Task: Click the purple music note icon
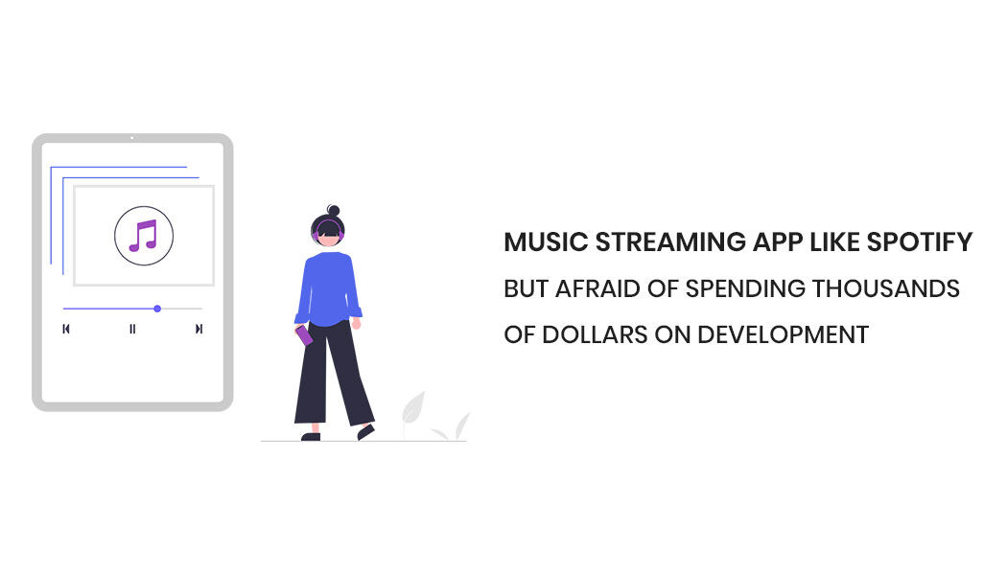click(143, 235)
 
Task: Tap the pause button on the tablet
click(132, 329)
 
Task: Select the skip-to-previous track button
click(66, 329)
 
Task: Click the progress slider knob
click(157, 309)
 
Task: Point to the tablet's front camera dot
click(132, 139)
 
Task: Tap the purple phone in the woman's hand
click(304, 335)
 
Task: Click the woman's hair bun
click(333, 210)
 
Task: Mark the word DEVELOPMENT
click(783, 334)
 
